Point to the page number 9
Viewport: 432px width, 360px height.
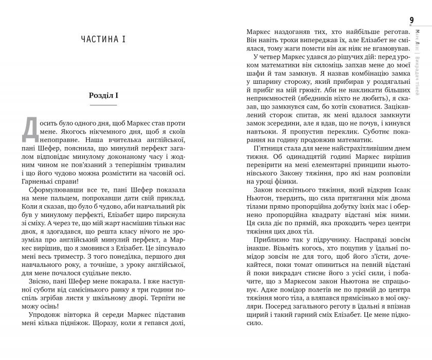[x=411, y=20]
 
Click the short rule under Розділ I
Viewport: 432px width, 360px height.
[x=103, y=105]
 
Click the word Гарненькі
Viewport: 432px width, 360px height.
[x=39, y=183]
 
